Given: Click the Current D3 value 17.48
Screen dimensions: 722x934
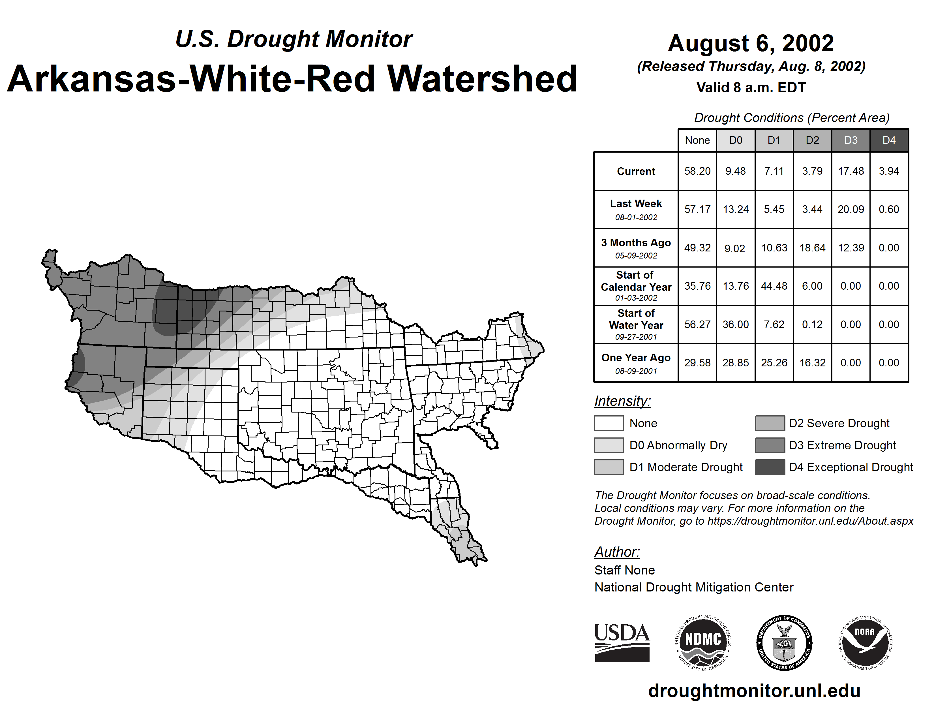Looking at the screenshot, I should click(851, 171).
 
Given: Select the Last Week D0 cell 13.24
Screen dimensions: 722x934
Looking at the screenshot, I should click(736, 209).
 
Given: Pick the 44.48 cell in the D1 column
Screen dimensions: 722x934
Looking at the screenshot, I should click(774, 286).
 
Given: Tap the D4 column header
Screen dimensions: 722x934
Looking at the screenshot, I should click(889, 140).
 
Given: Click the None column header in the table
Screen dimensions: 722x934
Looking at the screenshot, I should click(697, 140).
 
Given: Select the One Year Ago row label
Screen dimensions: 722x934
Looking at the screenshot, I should click(636, 363).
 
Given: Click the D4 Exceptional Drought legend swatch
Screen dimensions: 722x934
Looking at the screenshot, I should click(770, 467).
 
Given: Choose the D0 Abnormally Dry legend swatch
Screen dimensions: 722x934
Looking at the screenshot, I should click(609, 445).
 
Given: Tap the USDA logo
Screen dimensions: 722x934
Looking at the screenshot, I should click(622, 642).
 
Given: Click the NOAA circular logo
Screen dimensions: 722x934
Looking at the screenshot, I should click(865, 642).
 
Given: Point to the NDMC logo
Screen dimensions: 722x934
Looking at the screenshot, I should click(703, 642).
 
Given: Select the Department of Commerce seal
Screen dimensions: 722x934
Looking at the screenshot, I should click(784, 642).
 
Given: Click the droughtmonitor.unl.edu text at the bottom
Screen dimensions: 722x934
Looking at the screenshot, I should click(754, 691).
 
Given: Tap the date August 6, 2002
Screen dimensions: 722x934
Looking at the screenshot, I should click(751, 43).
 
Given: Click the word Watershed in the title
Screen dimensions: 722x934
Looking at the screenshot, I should click(482, 79).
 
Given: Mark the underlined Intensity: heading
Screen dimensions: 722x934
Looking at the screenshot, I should click(622, 401).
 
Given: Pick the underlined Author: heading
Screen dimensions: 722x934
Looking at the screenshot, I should click(617, 552).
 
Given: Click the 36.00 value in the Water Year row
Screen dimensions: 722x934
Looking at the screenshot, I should click(736, 324).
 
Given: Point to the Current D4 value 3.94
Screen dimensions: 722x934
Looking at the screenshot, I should click(889, 171).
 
